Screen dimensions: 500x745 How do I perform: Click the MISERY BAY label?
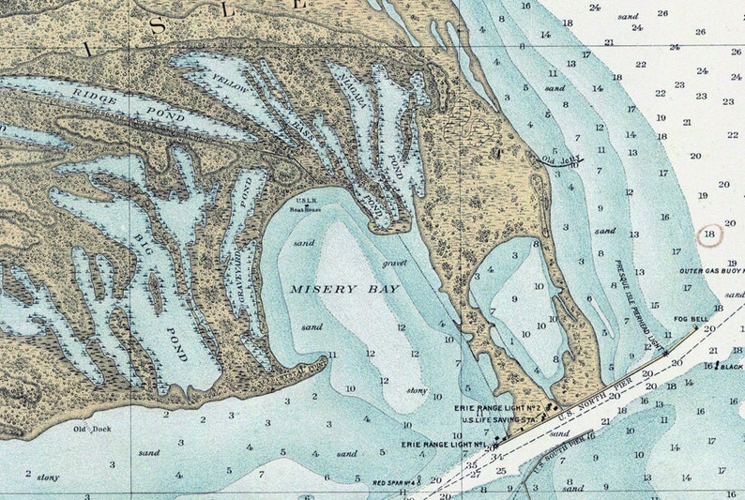343,290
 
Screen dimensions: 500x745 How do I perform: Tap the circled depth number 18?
710,234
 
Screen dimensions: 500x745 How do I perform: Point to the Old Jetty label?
558,160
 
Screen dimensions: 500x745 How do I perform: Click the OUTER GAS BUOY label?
710,271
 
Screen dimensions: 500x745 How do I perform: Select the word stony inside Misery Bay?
417,390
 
